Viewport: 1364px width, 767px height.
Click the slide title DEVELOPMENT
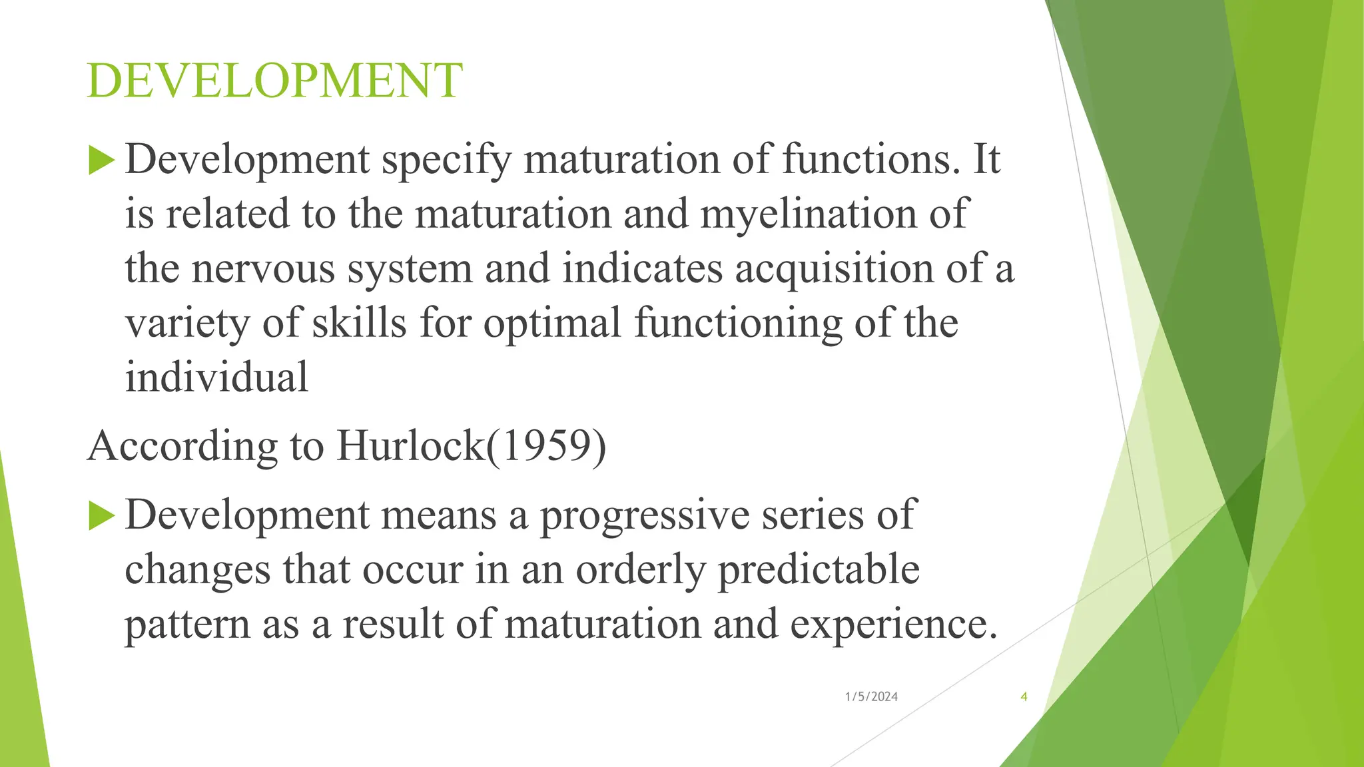274,81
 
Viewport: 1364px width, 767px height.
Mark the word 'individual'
216,378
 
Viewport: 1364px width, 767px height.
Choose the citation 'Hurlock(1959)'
472,445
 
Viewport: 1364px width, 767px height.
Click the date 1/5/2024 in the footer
871,697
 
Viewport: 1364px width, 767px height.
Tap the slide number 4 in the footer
1024,697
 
